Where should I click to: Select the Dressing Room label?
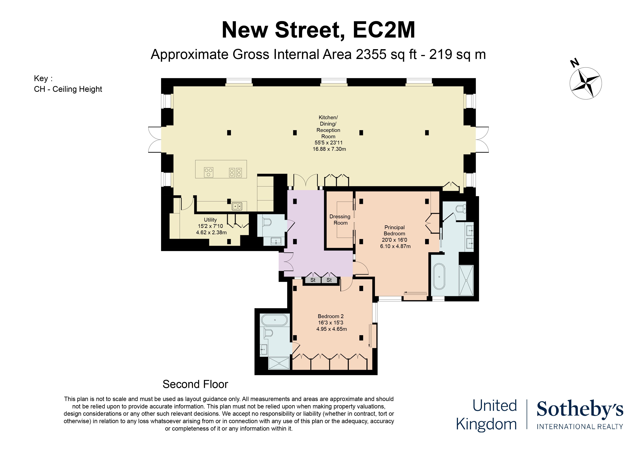pos(340,220)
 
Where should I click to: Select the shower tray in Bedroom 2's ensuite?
pos(279,363)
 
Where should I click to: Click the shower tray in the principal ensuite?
pos(466,280)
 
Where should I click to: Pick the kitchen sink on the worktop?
pos(237,206)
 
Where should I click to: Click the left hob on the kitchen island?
pos(209,172)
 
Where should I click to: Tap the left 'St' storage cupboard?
pos(313,280)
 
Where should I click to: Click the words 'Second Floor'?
pos(195,384)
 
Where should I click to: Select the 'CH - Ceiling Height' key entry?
pos(68,89)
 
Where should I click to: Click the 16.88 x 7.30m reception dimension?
pos(329,149)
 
